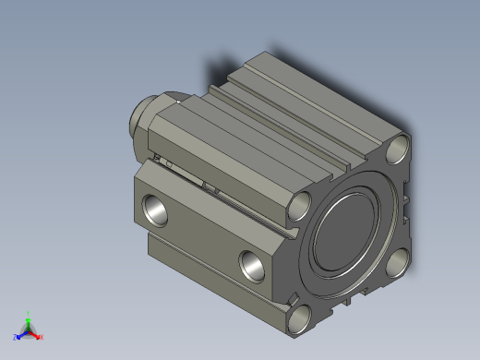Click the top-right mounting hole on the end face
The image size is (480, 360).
(x=399, y=148)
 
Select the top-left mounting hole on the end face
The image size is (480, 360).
(x=301, y=205)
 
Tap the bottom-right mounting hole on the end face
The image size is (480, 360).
(x=398, y=263)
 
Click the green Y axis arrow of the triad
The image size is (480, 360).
(x=29, y=318)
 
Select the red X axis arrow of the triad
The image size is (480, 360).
(x=37, y=335)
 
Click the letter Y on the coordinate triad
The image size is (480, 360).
(x=29, y=313)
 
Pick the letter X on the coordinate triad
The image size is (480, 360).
(x=42, y=337)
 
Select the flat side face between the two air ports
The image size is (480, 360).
(x=203, y=231)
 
